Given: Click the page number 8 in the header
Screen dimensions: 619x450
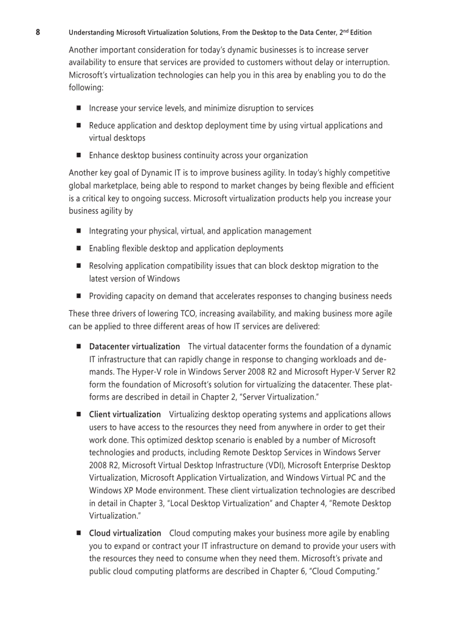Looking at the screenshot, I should (x=37, y=32).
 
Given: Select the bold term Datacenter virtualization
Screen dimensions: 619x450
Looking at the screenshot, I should (x=135, y=347).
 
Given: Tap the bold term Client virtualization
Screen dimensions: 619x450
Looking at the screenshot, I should (x=125, y=415).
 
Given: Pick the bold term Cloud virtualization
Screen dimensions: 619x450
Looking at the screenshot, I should (x=125, y=534).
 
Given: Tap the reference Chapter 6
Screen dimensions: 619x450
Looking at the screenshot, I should (x=286, y=572).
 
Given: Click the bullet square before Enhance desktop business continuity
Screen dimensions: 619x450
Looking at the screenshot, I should (x=78, y=155).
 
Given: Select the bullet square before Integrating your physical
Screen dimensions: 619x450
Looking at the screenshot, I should (x=78, y=231).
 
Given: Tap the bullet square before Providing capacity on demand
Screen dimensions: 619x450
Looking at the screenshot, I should (x=78, y=296).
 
